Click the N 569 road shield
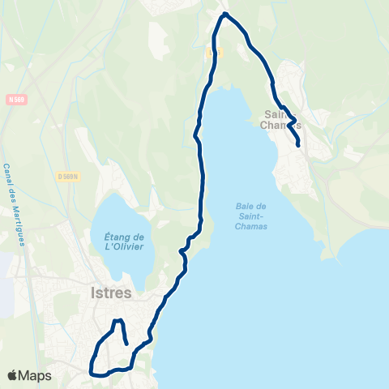tap(12, 100)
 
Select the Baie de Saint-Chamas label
tap(252, 216)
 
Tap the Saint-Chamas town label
tap(282, 120)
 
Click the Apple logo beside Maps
tap(13, 376)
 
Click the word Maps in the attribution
tap(36, 376)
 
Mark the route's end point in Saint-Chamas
tap(299, 145)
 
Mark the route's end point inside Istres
tap(127, 344)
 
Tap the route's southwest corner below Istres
tap(91, 374)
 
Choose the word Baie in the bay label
tap(252, 206)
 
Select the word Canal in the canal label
tap(8, 174)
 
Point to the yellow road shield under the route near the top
tap(212, 52)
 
